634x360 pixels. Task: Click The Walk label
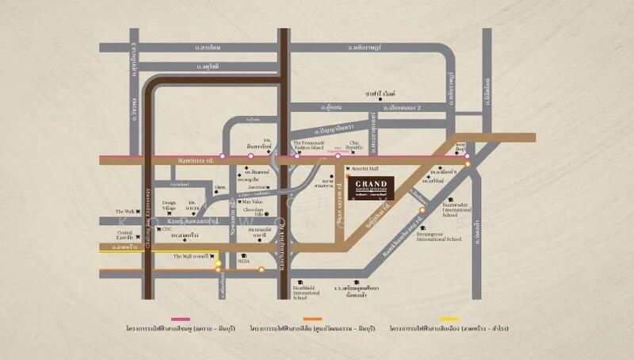tap(125, 211)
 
